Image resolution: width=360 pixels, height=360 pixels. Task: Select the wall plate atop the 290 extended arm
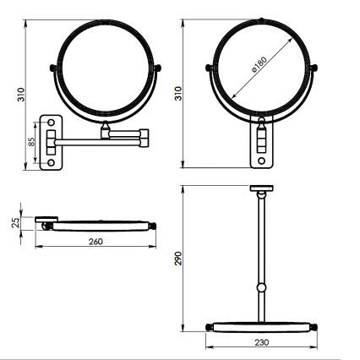(x=262, y=188)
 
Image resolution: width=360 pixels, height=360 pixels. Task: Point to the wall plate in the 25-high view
(x=46, y=221)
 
